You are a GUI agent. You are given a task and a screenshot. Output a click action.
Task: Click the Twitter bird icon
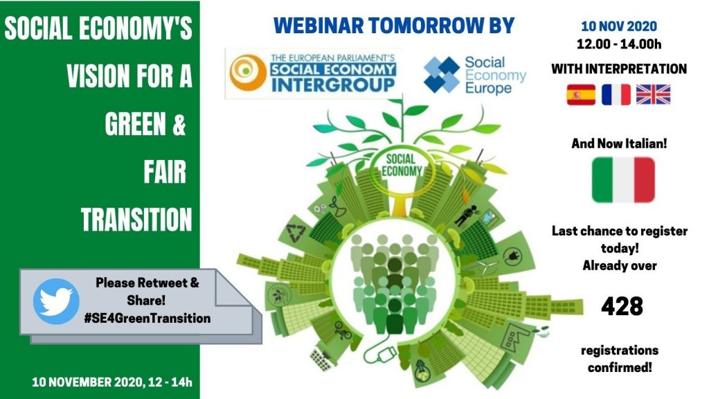(x=56, y=301)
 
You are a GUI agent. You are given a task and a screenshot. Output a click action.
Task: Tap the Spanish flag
(x=581, y=94)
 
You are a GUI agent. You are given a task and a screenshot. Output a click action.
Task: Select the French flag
(x=616, y=94)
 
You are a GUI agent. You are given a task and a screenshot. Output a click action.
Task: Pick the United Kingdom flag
(x=653, y=94)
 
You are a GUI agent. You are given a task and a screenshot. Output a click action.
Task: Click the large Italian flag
(x=623, y=179)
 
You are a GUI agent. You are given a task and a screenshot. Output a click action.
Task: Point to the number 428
(x=622, y=306)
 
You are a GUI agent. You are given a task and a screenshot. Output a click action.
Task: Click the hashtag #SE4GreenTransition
(x=147, y=318)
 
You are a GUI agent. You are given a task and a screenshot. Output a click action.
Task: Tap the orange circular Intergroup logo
(x=248, y=72)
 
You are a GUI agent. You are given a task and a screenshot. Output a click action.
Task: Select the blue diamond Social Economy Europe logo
(x=442, y=75)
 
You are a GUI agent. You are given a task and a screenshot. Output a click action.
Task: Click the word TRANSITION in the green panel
(x=136, y=220)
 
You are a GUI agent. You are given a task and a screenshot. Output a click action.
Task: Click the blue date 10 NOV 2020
(x=618, y=26)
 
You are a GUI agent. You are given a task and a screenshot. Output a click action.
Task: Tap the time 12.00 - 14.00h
(x=618, y=44)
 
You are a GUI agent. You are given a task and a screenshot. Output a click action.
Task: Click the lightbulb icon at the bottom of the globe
(x=422, y=370)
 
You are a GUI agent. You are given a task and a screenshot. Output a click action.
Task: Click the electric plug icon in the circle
(x=512, y=256)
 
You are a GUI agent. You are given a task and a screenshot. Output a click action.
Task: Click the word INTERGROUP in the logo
(x=333, y=85)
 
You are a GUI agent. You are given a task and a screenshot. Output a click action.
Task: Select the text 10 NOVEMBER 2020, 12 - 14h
(x=112, y=382)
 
